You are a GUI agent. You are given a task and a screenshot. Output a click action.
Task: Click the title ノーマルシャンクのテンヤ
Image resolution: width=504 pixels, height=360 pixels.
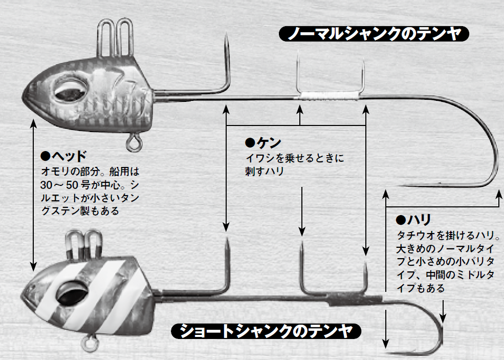(374, 34)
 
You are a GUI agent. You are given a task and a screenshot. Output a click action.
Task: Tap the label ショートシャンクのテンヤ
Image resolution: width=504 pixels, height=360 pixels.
(266, 331)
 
